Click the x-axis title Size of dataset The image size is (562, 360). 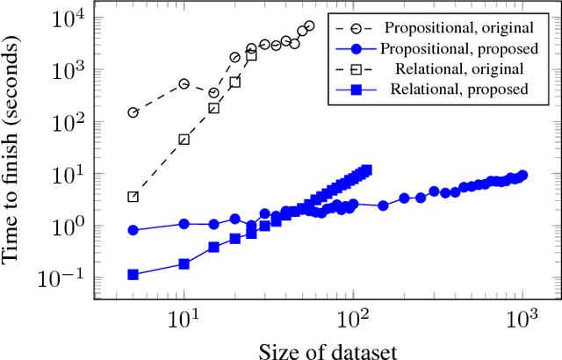(x=328, y=349)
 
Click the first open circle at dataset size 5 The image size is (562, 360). (x=133, y=112)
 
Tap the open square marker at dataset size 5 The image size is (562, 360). (x=133, y=197)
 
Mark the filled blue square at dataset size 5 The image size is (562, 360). (x=133, y=275)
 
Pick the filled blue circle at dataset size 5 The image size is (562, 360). (x=133, y=230)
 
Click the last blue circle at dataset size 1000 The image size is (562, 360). (x=522, y=176)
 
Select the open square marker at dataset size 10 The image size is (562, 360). (x=184, y=140)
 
